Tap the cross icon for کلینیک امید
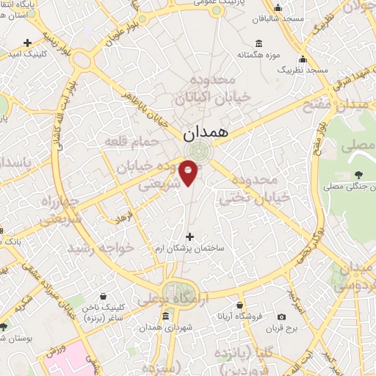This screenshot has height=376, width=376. pyautogui.click(x=28, y=43)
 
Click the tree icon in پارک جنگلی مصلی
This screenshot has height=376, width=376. pyautogui.click(x=358, y=175)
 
